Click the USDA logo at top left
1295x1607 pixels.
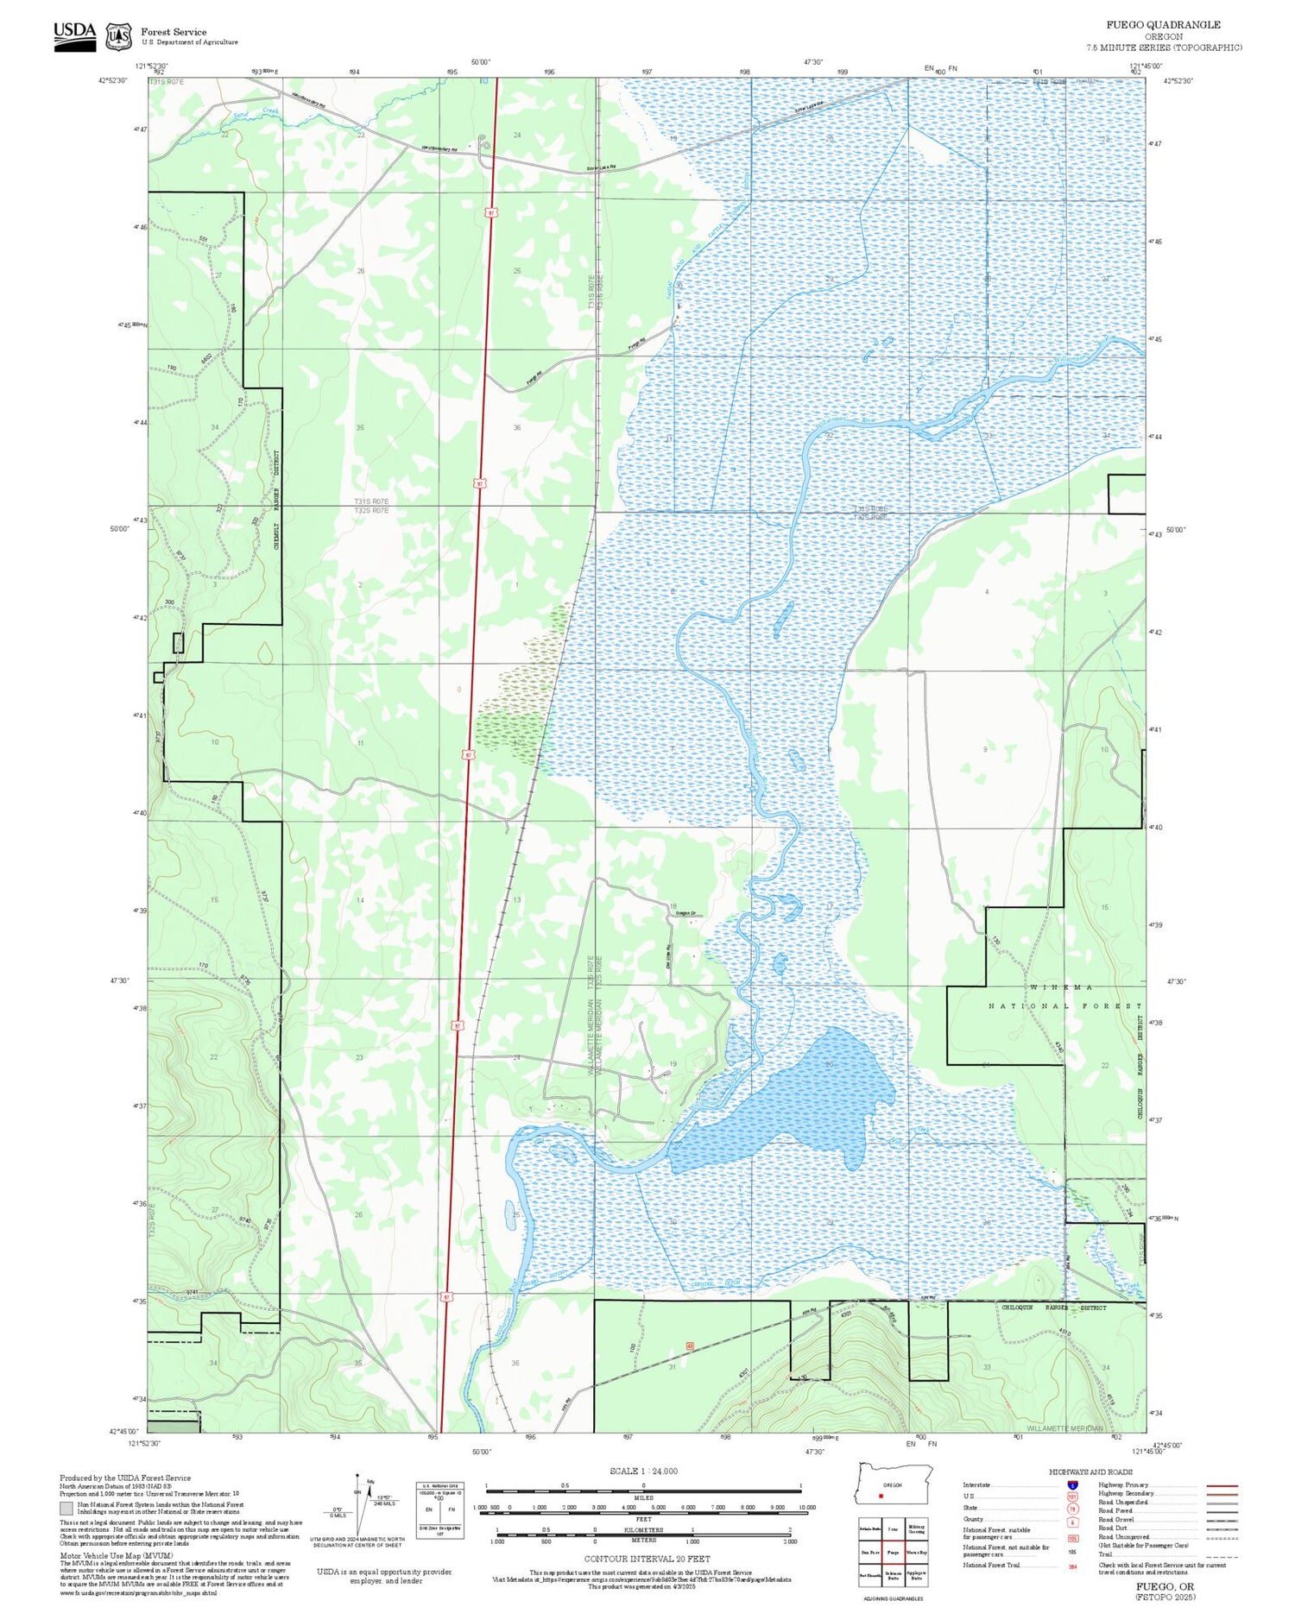point(74,35)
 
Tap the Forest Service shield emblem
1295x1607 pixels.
point(118,36)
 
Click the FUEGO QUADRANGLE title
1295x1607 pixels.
point(1163,25)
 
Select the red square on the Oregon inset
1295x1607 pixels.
point(881,1496)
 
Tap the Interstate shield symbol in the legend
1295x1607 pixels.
point(1071,1484)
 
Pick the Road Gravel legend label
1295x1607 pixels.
point(1115,1520)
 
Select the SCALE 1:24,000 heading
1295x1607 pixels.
point(643,1471)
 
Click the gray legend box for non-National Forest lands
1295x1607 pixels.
point(66,1509)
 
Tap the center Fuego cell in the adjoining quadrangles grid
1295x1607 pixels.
point(893,1552)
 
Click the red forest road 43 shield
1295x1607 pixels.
point(690,1345)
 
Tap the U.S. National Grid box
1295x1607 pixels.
point(439,1510)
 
